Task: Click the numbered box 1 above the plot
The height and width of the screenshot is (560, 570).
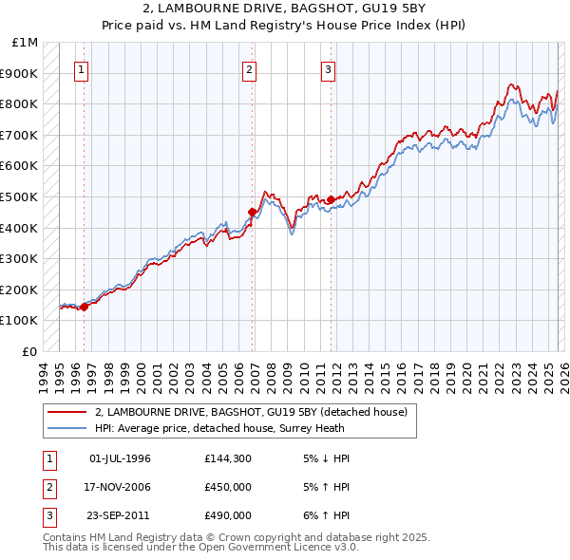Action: coord(81,68)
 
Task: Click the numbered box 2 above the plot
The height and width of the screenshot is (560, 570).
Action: coord(249,68)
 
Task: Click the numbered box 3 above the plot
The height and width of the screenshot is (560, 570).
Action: coord(328,68)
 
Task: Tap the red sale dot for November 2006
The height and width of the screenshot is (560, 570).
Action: coord(252,212)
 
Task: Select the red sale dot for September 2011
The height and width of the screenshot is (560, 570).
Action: coord(332,199)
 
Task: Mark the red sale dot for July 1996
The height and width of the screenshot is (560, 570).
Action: coord(84,306)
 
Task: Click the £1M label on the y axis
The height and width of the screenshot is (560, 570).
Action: coord(25,43)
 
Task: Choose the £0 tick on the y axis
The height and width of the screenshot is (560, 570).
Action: coord(30,351)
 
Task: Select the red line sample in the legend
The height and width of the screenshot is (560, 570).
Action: coord(68,412)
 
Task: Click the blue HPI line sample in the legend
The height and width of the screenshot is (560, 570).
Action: coord(68,428)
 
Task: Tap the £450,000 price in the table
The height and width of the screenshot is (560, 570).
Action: coord(227,487)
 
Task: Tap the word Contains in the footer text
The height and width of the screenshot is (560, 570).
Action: coord(66,537)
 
